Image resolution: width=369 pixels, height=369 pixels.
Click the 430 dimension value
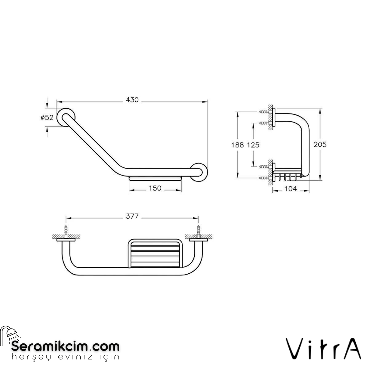coord(132,100)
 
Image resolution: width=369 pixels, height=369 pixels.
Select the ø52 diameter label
coord(47,118)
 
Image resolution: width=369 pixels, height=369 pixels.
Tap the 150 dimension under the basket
coord(155,189)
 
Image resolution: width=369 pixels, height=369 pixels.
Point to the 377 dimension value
coord(132,217)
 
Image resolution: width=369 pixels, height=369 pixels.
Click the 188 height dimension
coord(237,145)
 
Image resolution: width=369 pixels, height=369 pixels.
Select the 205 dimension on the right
coord(320,145)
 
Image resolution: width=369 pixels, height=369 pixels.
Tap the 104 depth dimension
coord(290,189)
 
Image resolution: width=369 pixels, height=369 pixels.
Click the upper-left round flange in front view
coord(66,118)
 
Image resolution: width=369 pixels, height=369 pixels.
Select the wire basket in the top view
coord(154,254)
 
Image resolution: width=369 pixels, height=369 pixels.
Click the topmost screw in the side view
coord(264,112)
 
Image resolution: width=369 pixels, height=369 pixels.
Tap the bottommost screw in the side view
coord(264,178)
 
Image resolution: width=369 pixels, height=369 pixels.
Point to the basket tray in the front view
coord(155,178)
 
